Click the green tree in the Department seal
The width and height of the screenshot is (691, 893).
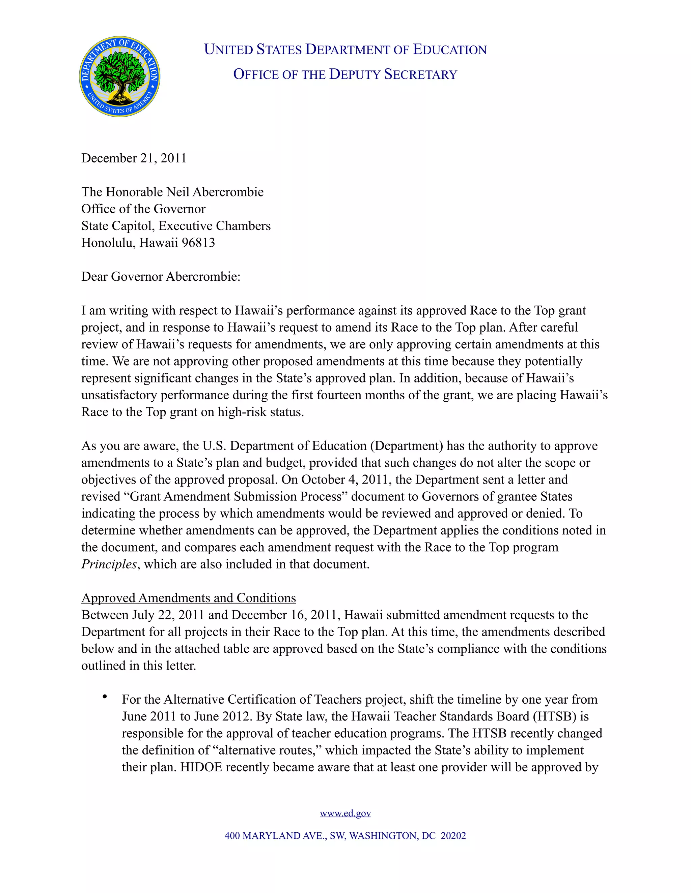coord(119,73)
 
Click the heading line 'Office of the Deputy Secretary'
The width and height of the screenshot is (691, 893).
coord(345,74)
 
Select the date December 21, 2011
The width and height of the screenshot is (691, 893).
coord(134,158)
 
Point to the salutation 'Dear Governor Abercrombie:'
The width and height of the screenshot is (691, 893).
coord(161,277)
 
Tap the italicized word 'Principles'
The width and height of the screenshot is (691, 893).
coord(109,564)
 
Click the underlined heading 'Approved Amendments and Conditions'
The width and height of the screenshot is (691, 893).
coord(188,598)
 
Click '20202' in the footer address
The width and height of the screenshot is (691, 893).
coord(453,836)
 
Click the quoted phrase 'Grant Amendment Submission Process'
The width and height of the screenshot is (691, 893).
coord(236,497)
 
